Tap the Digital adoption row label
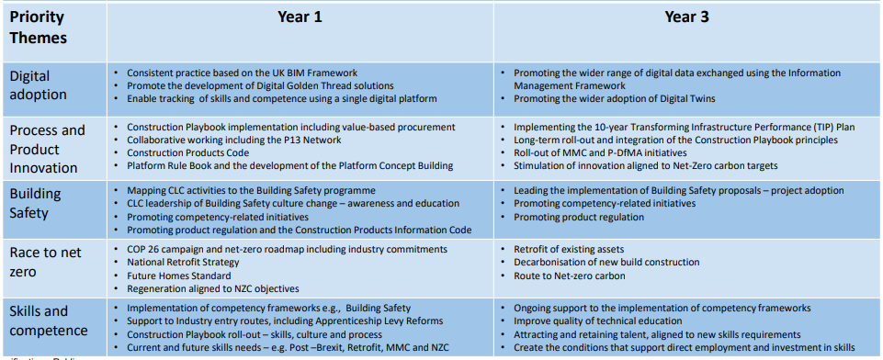[x=39, y=85]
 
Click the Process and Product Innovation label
[x=48, y=148]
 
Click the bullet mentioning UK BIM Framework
[x=242, y=73]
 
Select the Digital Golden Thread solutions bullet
[x=262, y=85]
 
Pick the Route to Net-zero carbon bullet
[x=572, y=275]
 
